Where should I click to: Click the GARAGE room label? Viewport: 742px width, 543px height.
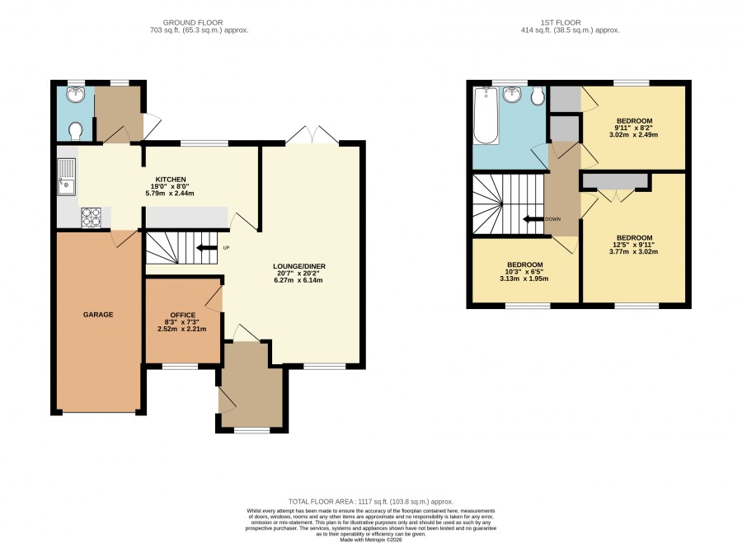(x=98, y=315)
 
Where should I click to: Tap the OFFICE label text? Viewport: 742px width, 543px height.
(x=183, y=315)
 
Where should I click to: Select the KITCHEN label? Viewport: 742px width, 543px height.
(x=171, y=180)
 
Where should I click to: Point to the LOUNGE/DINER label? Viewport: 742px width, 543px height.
(x=299, y=266)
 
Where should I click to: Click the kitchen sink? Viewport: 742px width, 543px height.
(x=66, y=176)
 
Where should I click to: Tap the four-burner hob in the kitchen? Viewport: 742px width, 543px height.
(x=91, y=217)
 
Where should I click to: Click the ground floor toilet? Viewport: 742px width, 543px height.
(x=75, y=131)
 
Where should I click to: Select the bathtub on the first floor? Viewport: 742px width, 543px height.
(x=486, y=116)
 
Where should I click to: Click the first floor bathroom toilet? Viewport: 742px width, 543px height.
(x=537, y=96)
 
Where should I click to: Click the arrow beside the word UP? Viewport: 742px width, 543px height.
(x=206, y=248)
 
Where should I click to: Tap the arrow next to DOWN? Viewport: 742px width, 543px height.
(x=533, y=219)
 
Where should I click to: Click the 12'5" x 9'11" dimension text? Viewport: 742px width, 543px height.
(x=634, y=245)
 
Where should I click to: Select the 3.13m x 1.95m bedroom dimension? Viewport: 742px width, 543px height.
(x=524, y=279)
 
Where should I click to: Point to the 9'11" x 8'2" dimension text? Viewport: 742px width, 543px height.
(x=634, y=128)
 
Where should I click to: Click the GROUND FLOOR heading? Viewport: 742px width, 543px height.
(x=193, y=22)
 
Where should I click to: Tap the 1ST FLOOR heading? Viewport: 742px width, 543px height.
(x=561, y=22)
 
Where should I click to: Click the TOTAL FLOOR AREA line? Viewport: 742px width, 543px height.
(x=370, y=501)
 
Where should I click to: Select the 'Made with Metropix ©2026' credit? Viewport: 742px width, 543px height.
(x=371, y=539)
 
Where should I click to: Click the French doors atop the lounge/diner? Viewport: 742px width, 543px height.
(x=312, y=135)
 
